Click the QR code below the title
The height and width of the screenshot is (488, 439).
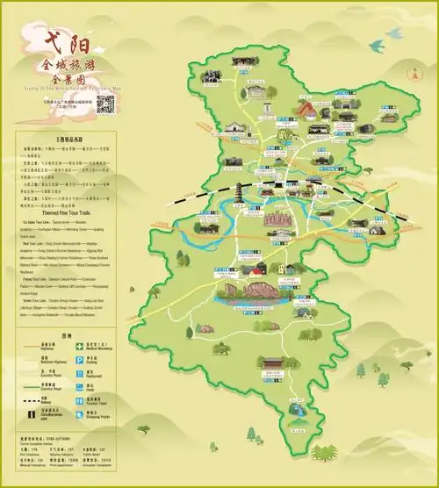[x=106, y=104]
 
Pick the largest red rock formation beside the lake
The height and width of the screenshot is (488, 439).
[x=260, y=289]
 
